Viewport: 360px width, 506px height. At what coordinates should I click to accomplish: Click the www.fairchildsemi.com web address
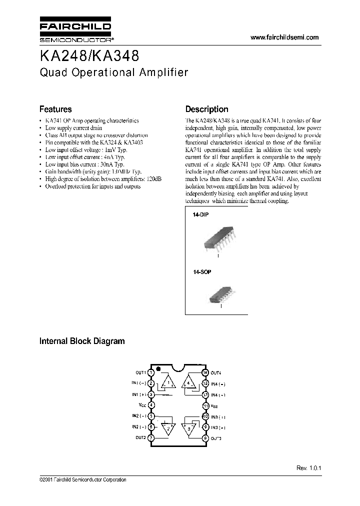pos(284,37)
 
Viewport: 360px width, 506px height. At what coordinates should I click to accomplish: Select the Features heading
pos(55,109)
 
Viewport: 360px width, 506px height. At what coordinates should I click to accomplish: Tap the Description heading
pos(206,109)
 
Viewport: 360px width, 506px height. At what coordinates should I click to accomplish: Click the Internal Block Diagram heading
pos(82,341)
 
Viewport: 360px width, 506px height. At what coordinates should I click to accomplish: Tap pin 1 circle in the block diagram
pos(151,372)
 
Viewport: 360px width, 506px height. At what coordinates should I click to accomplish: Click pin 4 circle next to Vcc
pos(151,405)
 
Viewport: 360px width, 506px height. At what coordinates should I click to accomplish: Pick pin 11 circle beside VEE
pos(205,405)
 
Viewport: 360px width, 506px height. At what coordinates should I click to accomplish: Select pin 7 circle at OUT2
pos(151,437)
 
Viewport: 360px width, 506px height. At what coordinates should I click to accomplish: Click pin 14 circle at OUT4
pos(205,372)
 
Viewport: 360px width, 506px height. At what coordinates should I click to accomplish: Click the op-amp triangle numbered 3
pos(188,427)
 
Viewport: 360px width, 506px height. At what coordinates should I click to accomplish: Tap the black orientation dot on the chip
pos(158,369)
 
